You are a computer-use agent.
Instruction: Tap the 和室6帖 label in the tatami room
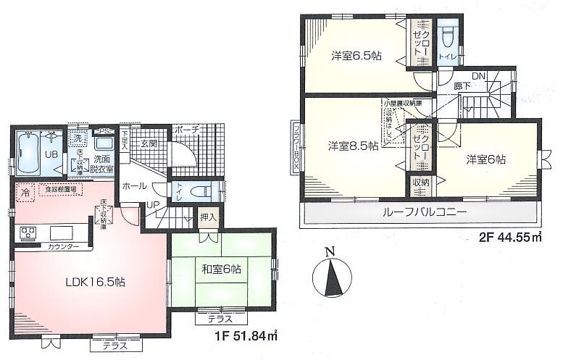222,269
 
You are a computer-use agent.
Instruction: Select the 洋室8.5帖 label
352,146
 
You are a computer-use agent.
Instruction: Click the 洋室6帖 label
486,159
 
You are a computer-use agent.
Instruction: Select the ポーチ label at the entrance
186,130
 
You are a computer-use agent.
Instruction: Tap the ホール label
135,186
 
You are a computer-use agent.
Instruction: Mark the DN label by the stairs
479,75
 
